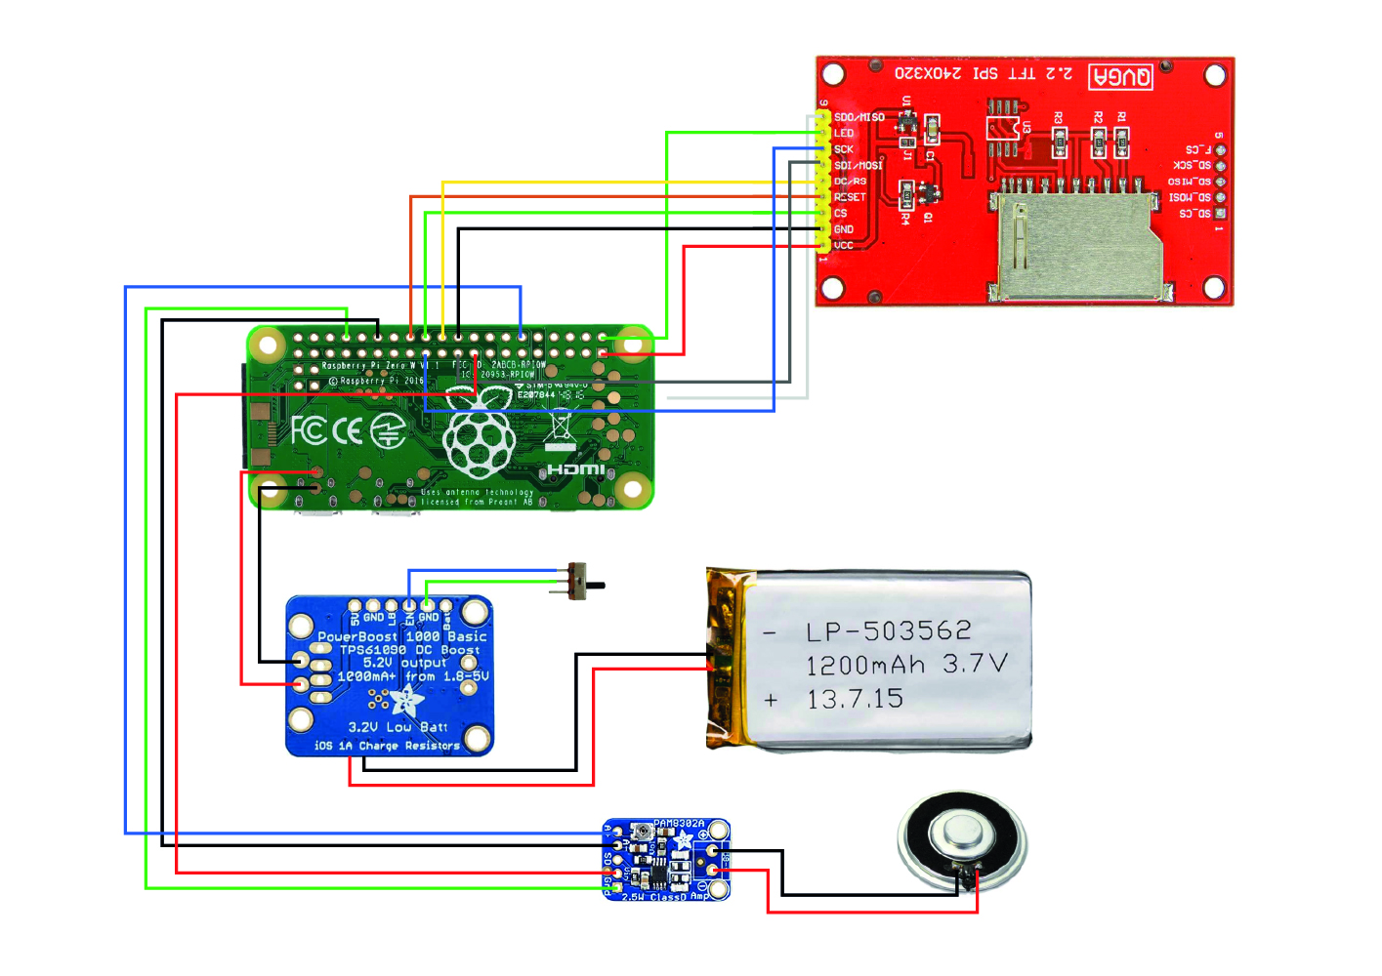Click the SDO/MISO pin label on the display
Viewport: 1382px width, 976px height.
pos(859,117)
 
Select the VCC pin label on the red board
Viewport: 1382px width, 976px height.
pos(844,245)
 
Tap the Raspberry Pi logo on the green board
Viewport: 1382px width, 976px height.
pos(479,434)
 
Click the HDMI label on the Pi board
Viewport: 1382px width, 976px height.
pos(575,469)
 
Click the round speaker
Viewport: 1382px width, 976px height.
pos(962,841)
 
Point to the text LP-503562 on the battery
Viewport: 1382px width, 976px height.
pos(888,631)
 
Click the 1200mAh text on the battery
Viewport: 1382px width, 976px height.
pos(864,666)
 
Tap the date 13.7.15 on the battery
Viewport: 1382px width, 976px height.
pos(855,699)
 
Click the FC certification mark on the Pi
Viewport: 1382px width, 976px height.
pos(309,430)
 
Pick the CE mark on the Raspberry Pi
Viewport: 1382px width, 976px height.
pos(348,430)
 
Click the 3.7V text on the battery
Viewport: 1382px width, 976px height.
pos(974,665)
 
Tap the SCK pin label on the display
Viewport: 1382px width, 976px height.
pos(844,149)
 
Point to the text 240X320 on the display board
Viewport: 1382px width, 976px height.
pos(928,74)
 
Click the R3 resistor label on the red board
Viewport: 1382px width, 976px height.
pos(1059,118)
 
